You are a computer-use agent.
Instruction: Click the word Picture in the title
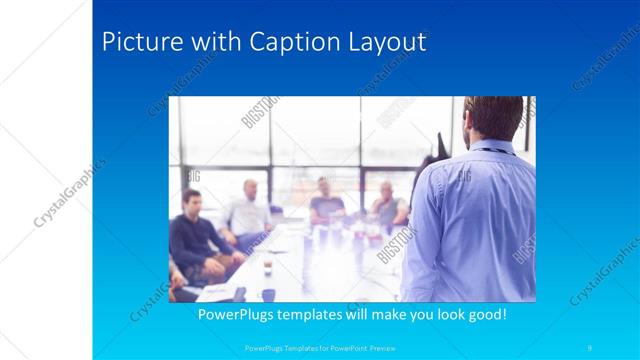[x=139, y=42]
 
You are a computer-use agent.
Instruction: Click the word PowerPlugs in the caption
[x=240, y=314]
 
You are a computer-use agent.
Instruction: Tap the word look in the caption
[x=438, y=314]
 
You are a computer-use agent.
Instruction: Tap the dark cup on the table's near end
[x=268, y=295]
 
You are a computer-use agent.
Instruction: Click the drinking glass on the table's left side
[x=268, y=267]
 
